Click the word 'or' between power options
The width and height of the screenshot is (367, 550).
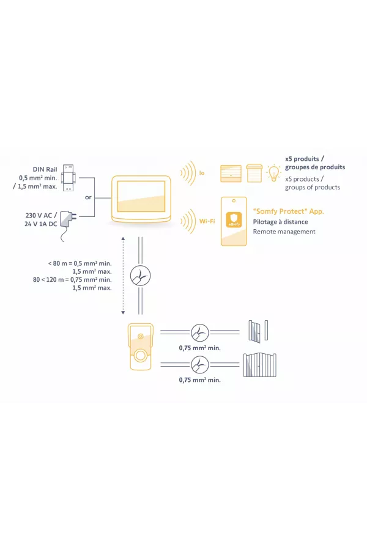point(89,197)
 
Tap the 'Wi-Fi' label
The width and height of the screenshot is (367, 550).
point(207,221)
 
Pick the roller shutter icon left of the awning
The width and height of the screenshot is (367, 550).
point(231,172)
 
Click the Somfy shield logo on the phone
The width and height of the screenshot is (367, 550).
point(233,219)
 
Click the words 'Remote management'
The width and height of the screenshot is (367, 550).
point(284,232)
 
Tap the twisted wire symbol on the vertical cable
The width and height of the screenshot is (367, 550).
point(139,277)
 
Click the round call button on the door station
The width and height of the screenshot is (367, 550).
point(140,356)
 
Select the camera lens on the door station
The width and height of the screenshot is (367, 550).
point(140,335)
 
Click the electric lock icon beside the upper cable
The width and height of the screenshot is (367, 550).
point(259,331)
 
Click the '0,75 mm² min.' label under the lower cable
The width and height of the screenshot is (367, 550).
point(199,380)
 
